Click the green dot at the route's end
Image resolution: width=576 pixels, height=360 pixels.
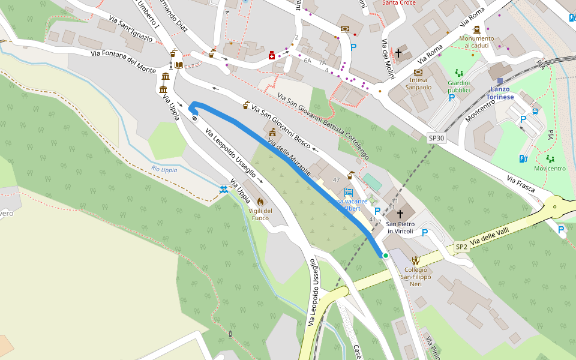point(386,256)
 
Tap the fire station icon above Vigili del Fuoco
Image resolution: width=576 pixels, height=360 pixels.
point(260,201)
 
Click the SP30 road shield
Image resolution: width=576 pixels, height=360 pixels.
point(437,138)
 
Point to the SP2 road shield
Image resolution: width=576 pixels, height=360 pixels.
point(461,247)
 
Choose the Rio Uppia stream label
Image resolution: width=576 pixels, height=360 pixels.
point(164,169)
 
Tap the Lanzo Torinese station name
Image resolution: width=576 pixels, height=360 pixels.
point(499,93)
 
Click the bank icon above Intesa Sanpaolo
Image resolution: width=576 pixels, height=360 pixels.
point(418,72)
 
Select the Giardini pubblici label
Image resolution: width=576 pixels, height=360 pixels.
point(459,86)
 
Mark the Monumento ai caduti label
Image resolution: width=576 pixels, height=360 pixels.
point(476,42)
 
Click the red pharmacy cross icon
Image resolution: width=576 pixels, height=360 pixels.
point(272,56)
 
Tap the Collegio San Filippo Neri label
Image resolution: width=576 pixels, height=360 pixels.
point(414,276)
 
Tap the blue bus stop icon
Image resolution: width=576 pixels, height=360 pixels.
point(534,111)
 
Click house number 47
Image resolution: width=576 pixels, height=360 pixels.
point(337,180)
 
